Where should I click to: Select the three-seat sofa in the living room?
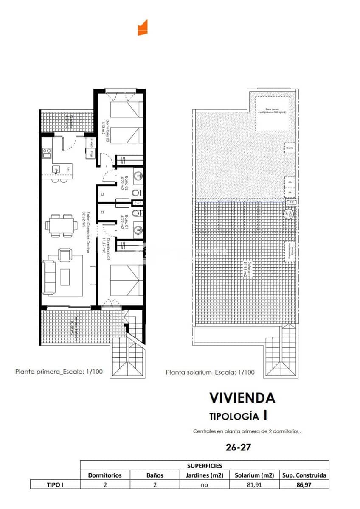pos(49,278)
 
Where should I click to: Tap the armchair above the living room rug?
pos(65,255)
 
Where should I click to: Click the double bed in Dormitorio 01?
pos(127,280)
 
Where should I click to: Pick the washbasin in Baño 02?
pos(138,175)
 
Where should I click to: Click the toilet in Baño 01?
pos(135,213)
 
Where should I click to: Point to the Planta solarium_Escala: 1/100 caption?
pos(210,372)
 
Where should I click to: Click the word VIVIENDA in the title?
pos(242,398)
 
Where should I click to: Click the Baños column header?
pos(155,475)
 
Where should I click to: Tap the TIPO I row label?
pos(55,484)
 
